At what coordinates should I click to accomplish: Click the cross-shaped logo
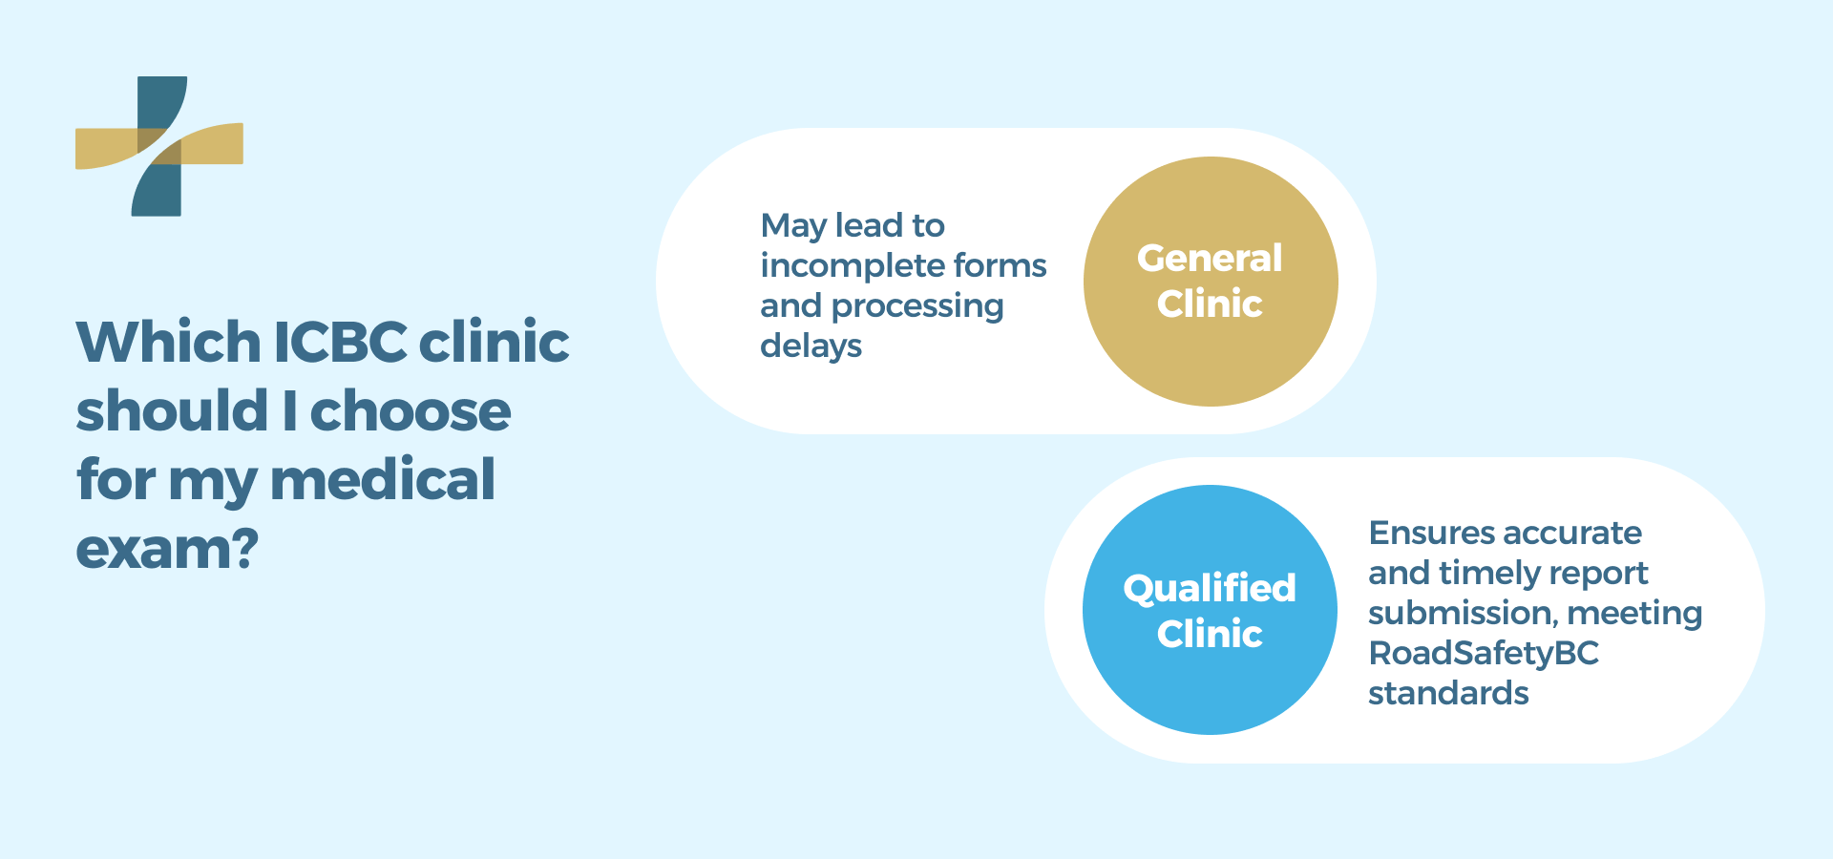(159, 146)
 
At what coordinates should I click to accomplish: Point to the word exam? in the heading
(167, 549)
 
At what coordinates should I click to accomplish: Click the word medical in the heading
(383, 479)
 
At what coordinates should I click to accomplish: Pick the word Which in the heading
(168, 342)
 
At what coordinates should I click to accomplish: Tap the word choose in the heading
(411, 410)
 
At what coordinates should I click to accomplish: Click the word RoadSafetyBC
(1483, 653)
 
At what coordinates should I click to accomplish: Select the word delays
(811, 346)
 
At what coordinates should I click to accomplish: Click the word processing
(917, 306)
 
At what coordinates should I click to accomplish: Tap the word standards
(1448, 693)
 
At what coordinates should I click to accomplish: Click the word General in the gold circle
(1210, 258)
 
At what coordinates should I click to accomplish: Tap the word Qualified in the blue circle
(1210, 588)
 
